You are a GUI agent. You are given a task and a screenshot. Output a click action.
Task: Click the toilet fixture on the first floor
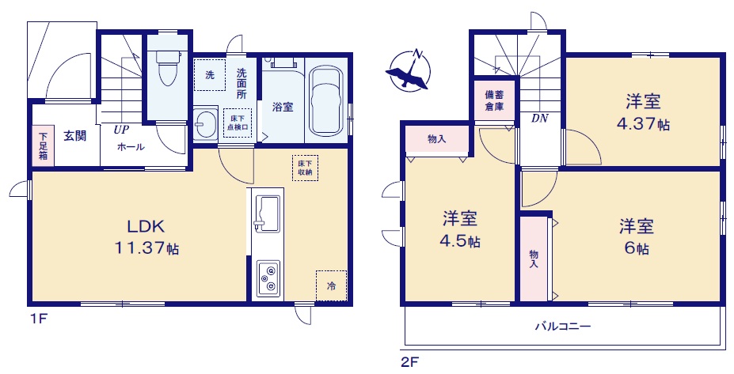pyautogui.click(x=167, y=68)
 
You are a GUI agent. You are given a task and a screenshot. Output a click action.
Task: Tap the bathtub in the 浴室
pyautogui.click(x=327, y=101)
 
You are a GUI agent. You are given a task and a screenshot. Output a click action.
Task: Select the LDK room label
pyautogui.click(x=146, y=227)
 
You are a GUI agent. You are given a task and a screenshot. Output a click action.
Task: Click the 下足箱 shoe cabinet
pyautogui.click(x=43, y=145)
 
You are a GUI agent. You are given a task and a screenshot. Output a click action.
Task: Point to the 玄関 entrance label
pyautogui.click(x=75, y=136)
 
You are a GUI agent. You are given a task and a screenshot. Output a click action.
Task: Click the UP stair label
pyautogui.click(x=121, y=130)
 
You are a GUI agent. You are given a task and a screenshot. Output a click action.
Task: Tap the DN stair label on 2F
pyautogui.click(x=539, y=119)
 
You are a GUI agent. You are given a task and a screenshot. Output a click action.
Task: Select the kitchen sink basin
pyautogui.click(x=265, y=213)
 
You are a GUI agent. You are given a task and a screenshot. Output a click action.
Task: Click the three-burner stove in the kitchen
pyautogui.click(x=268, y=278)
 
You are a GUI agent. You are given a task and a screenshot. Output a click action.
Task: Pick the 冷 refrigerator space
pyautogui.click(x=331, y=285)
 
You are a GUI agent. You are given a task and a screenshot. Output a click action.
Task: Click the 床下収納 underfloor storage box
pyautogui.click(x=305, y=168)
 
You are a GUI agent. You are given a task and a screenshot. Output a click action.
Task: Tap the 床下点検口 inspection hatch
pyautogui.click(x=238, y=123)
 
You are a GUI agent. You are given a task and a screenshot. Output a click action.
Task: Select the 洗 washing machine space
pyautogui.click(x=210, y=75)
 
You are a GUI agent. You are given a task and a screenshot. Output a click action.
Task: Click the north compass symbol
pyautogui.click(x=407, y=70)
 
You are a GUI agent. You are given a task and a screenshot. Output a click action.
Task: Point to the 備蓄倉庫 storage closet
pyautogui.click(x=494, y=100)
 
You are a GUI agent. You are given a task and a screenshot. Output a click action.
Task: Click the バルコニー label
pyautogui.click(x=563, y=326)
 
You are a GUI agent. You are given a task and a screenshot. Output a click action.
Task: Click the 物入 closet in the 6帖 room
pyautogui.click(x=534, y=259)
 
